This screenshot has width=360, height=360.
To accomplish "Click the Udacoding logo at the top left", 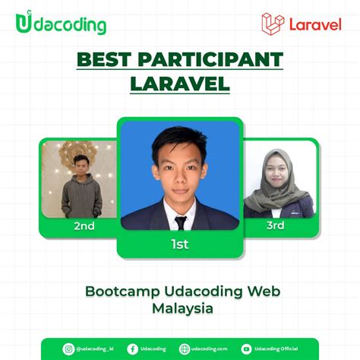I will click(x=60, y=24).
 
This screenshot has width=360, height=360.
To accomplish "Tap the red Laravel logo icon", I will click(x=272, y=24).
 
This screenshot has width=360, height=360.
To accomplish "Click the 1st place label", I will click(x=179, y=244).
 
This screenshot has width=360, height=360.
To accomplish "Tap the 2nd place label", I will click(x=84, y=226).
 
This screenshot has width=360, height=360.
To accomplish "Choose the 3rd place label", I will click(x=275, y=226).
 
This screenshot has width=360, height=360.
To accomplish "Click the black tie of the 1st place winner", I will click(x=180, y=223).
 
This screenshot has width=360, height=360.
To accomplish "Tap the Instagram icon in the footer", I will click(x=68, y=349).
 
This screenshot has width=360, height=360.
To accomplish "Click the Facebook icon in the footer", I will click(x=132, y=349).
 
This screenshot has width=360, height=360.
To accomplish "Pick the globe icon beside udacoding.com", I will click(x=184, y=349).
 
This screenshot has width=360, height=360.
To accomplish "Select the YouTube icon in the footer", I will click(x=247, y=349).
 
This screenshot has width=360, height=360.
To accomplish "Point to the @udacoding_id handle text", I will click(x=94, y=349).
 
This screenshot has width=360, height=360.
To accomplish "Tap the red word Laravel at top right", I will click(x=314, y=24).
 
